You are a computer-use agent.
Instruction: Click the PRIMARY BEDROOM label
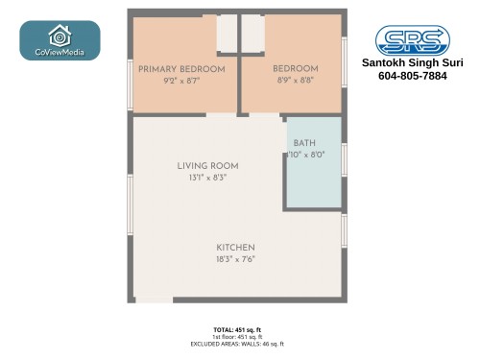click(x=181, y=69)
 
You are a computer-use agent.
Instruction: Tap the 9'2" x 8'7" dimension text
click(x=181, y=83)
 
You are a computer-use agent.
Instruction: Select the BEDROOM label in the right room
click(x=295, y=69)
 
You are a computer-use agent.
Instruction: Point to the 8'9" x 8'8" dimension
click(x=295, y=83)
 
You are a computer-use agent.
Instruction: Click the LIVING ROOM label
click(x=207, y=166)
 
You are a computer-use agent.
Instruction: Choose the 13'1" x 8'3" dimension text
click(x=207, y=178)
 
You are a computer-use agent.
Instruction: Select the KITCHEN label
click(x=235, y=248)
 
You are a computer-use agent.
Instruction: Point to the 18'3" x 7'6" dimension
click(x=235, y=260)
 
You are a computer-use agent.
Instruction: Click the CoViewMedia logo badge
click(x=60, y=40)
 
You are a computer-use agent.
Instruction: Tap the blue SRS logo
click(x=412, y=39)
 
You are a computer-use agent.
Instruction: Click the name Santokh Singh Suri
click(x=412, y=62)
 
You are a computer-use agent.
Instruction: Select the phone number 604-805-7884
click(x=412, y=76)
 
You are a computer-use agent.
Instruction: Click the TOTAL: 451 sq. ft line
click(x=236, y=329)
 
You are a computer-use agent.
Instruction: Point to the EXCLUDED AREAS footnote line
click(x=236, y=343)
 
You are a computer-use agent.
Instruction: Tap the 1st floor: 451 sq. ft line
click(x=236, y=336)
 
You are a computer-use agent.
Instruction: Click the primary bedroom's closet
click(x=227, y=34)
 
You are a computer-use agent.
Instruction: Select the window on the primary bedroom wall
click(x=131, y=84)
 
